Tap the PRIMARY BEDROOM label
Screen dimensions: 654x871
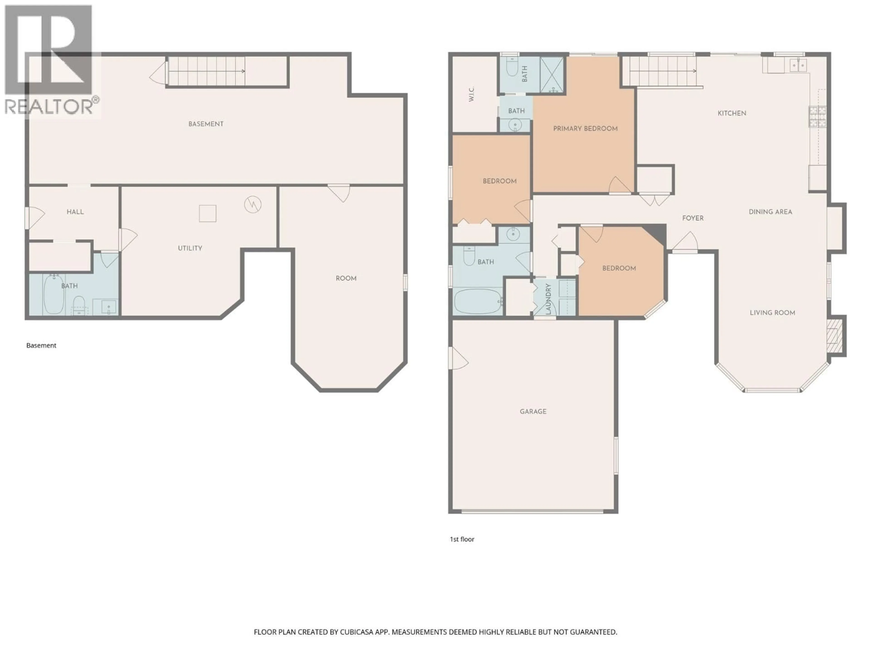coord(585,129)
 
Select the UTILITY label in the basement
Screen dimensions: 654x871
coord(190,248)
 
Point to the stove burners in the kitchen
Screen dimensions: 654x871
coord(817,117)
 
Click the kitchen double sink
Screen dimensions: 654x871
coord(798,65)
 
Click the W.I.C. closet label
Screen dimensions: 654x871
coord(471,94)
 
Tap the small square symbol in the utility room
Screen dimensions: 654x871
coord(208,214)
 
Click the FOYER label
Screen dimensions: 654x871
coord(693,218)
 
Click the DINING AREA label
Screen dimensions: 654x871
coord(770,212)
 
